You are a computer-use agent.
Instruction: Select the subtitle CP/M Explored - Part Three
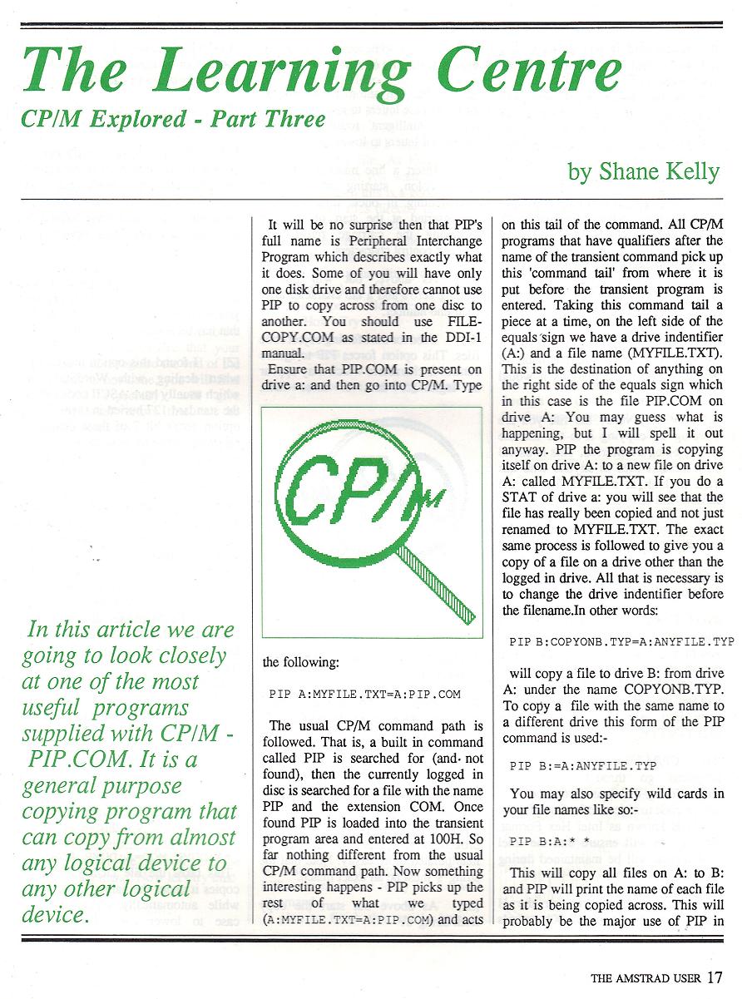click(x=174, y=119)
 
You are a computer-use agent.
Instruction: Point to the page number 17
click(x=715, y=978)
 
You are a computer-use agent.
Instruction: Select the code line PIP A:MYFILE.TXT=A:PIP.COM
click(x=365, y=694)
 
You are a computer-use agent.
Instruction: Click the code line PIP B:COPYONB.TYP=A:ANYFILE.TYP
click(x=621, y=642)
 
